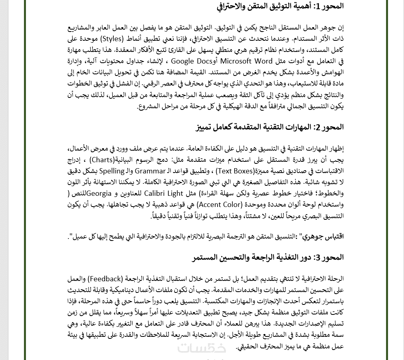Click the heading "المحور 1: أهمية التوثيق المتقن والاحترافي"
[x=280, y=6]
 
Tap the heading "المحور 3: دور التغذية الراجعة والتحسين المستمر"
[x=268, y=257]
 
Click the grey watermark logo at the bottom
[x=202, y=349]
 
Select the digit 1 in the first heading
[x=318, y=7]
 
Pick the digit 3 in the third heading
[x=318, y=258]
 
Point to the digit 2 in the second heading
[x=318, y=127]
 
